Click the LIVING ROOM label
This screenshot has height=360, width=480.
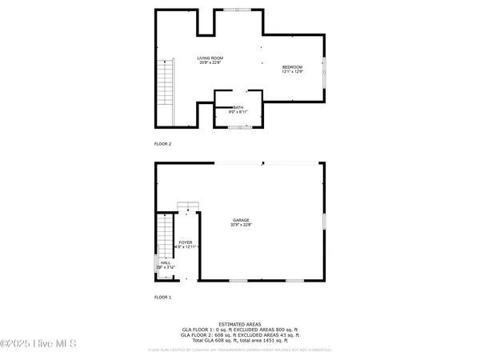(x=210, y=58)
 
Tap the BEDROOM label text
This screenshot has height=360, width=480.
(x=293, y=66)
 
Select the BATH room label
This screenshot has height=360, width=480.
(x=238, y=107)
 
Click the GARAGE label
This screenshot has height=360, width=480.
(x=241, y=220)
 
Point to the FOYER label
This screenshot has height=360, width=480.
(x=186, y=242)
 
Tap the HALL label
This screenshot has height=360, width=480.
(x=166, y=262)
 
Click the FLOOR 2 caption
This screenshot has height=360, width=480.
(x=162, y=144)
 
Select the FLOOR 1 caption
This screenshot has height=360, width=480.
(x=162, y=298)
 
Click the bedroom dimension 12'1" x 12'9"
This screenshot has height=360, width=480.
(x=293, y=72)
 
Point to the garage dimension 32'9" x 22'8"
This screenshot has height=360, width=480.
(x=241, y=226)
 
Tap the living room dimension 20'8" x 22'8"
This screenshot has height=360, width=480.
(x=210, y=64)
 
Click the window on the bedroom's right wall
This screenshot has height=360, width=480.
(x=325, y=73)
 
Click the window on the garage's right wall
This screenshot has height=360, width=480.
(x=325, y=218)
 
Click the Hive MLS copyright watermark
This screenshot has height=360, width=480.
(x=38, y=344)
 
